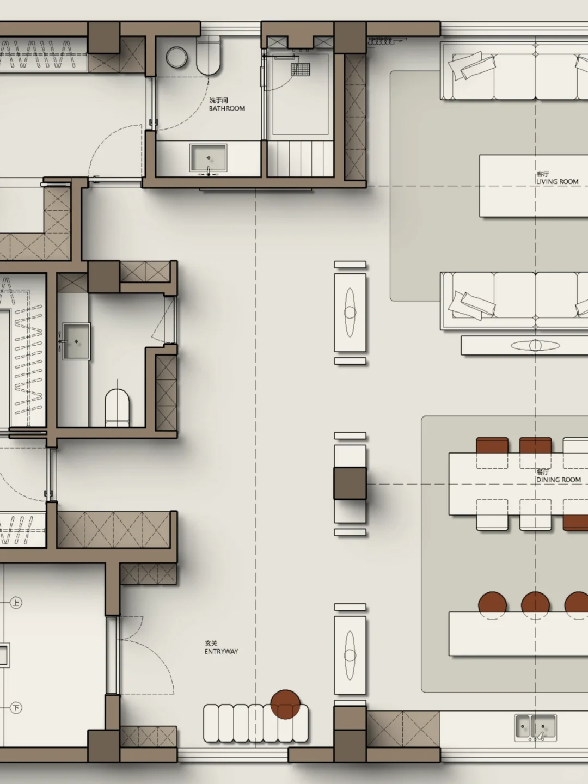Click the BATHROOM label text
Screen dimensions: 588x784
click(226, 108)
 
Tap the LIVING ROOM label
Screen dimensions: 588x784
click(558, 181)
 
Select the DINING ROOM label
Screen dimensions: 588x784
click(559, 480)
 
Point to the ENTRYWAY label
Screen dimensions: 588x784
click(221, 651)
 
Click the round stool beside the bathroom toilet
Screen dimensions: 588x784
click(176, 57)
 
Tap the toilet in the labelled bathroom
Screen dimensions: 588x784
click(208, 57)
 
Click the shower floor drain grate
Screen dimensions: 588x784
click(300, 69)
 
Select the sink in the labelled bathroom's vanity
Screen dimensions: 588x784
click(209, 158)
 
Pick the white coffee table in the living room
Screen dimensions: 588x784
click(534, 186)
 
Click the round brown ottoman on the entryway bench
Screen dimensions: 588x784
click(285, 704)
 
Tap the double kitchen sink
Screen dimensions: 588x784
click(535, 727)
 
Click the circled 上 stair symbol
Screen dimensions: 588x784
click(16, 603)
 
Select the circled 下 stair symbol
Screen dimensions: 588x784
click(16, 708)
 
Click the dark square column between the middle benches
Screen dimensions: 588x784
click(350, 483)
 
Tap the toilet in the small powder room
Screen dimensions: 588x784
click(117, 408)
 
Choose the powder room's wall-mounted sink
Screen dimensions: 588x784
click(76, 341)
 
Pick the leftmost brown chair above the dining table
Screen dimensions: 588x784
click(492, 446)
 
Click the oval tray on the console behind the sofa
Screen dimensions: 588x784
click(535, 345)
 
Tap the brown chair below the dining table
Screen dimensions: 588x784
click(575, 522)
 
